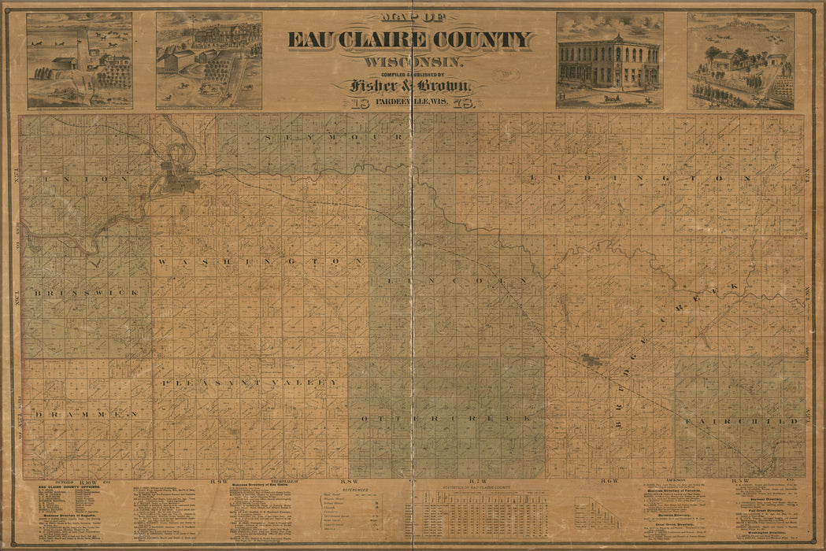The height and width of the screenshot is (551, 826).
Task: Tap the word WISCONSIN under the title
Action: pyautogui.click(x=407, y=61)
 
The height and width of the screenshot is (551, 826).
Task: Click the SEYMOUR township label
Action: pyautogui.click(x=336, y=138)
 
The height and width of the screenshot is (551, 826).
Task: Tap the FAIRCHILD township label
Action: pyautogui.click(x=742, y=422)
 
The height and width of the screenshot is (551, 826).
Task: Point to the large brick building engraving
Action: pyautogui.click(x=609, y=62)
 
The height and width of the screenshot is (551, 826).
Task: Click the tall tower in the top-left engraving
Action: pyautogui.click(x=82, y=47)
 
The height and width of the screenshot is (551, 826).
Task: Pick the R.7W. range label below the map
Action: pyautogui.click(x=478, y=481)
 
